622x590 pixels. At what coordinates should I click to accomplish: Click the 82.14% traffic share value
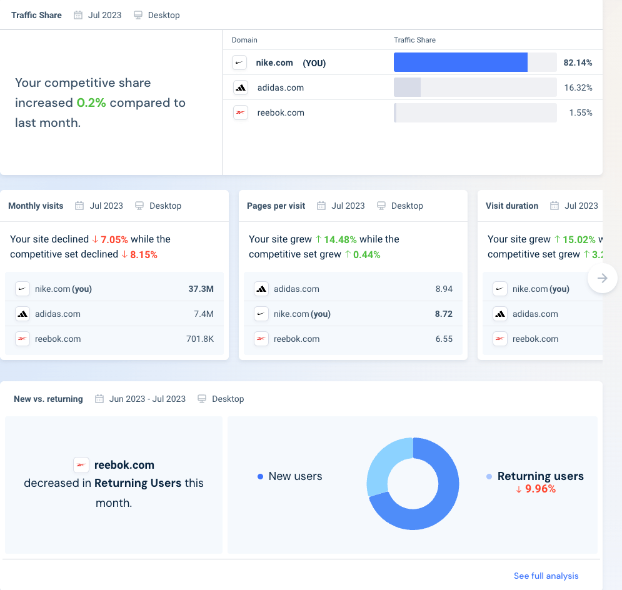pos(578,62)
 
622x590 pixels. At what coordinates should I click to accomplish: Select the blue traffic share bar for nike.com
pos(460,62)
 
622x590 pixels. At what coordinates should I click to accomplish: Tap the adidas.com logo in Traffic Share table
pos(240,87)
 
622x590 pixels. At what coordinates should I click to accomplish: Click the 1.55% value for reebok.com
pos(580,112)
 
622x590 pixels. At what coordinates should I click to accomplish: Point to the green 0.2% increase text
pos(91,102)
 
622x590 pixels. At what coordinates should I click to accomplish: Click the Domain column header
pos(244,40)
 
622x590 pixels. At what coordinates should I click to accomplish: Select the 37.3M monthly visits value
pos(201,289)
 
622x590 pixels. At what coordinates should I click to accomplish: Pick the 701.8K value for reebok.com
pos(199,339)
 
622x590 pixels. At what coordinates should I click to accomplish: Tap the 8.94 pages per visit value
pos(444,289)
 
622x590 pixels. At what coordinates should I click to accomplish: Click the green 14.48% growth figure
pos(339,239)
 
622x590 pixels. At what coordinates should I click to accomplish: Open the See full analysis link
pos(546,576)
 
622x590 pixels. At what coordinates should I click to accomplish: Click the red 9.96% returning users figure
pos(540,489)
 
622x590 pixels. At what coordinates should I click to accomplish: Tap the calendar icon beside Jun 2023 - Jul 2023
pos(99,399)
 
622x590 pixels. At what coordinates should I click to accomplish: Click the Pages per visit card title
pos(276,206)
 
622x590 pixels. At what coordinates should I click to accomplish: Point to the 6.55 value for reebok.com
pos(444,339)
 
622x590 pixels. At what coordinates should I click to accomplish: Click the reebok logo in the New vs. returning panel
pos(81,464)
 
